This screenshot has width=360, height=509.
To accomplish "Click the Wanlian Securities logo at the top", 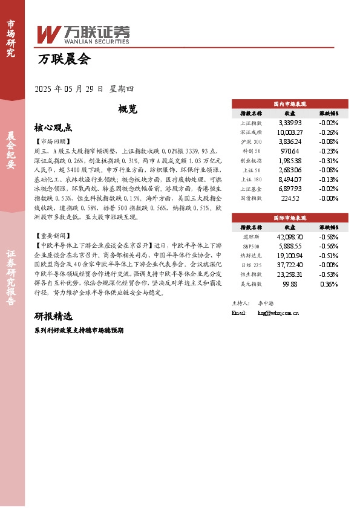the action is pos(83,34).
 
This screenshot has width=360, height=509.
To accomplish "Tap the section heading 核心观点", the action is pos(53,128).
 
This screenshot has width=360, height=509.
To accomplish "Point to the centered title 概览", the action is pos(128,109).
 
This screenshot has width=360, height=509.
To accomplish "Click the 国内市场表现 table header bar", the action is pos(290,103).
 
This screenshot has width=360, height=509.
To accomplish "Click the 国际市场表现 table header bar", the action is pos(290,217).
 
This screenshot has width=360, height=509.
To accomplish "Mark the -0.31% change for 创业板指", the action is pos(329,161).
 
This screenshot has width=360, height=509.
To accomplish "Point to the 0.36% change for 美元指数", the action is pos(329,284).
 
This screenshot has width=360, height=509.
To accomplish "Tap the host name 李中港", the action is pos(267,302).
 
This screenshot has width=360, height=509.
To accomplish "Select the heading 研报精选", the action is pos(53,316).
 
